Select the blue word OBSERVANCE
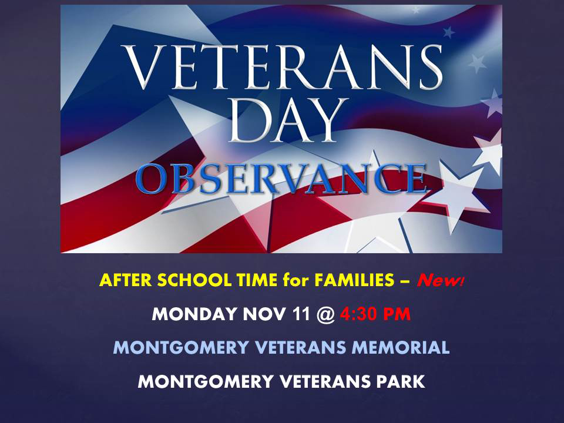click(281, 179)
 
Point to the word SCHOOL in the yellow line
click(194, 280)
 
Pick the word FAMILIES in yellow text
click(354, 280)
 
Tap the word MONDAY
click(194, 314)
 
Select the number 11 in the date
click(301, 314)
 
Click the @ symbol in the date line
click(326, 314)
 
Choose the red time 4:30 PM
click(375, 314)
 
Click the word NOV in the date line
click(265, 314)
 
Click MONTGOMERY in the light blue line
click(181, 348)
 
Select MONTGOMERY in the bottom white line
click(206, 382)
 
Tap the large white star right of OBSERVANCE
click(459, 194)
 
